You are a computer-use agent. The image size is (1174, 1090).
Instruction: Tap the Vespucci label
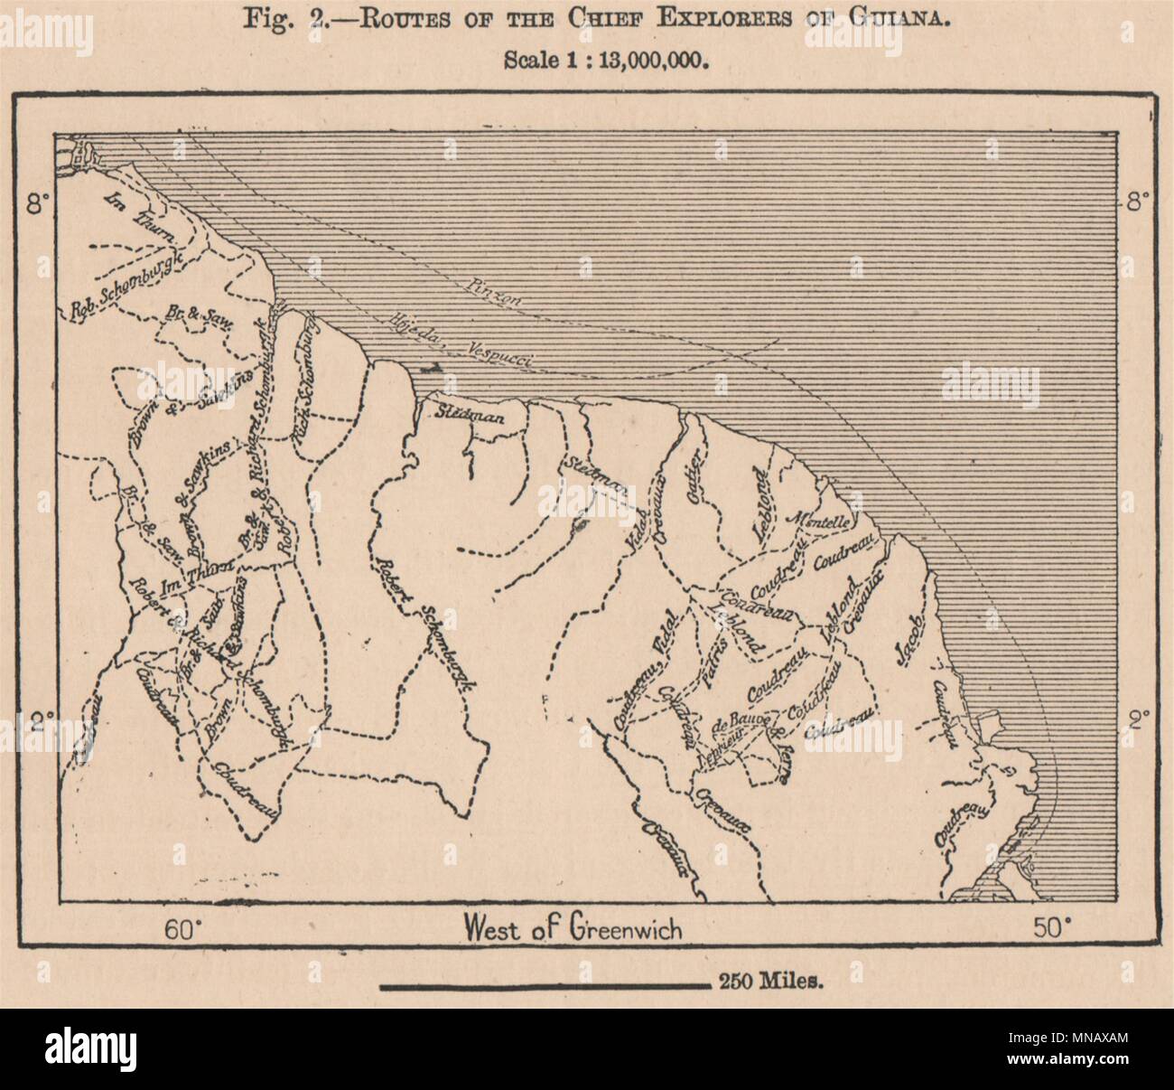click(501, 353)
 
